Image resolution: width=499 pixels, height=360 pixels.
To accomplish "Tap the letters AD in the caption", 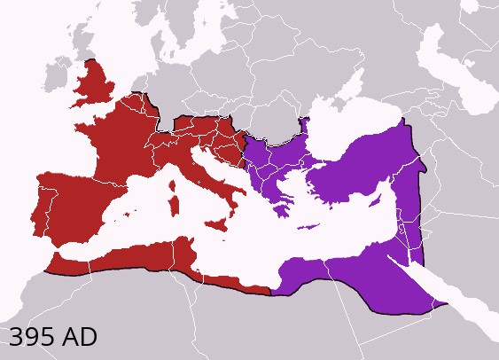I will (x=79, y=337).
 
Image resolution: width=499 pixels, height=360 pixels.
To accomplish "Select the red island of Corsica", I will (x=175, y=183).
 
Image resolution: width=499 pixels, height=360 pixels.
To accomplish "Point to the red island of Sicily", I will (x=214, y=225).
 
